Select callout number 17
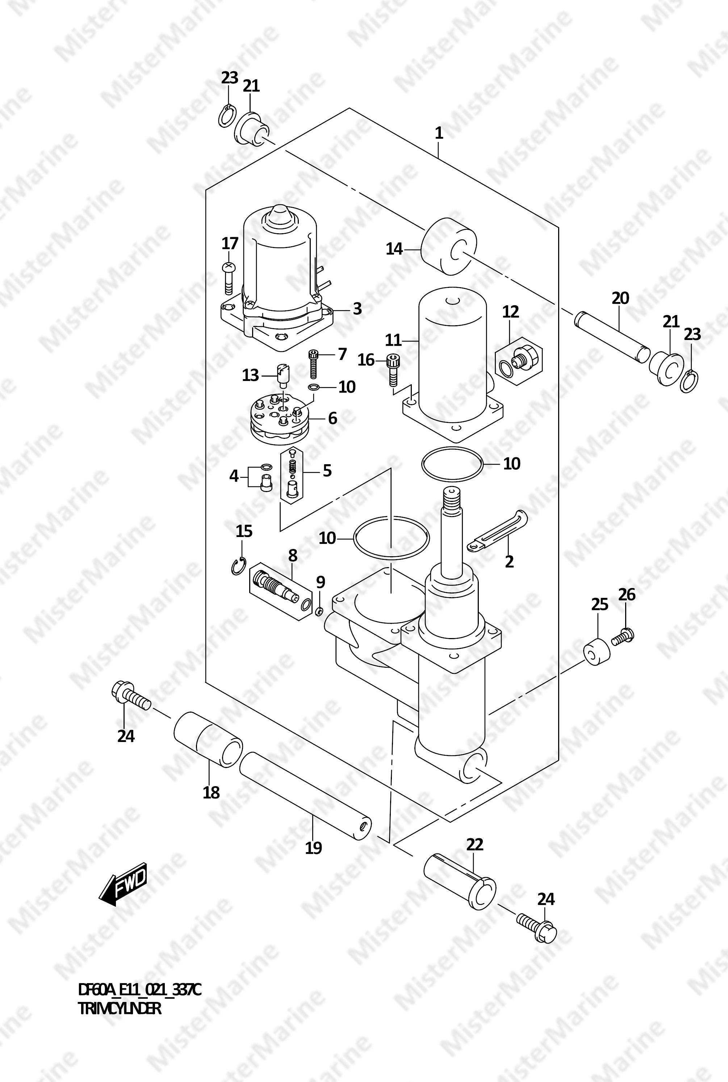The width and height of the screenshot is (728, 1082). (x=230, y=243)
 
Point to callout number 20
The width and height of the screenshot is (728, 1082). (x=620, y=298)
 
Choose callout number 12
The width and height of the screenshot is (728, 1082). (x=510, y=311)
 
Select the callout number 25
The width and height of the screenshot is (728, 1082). (x=599, y=604)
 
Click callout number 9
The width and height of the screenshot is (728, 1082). (x=321, y=582)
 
